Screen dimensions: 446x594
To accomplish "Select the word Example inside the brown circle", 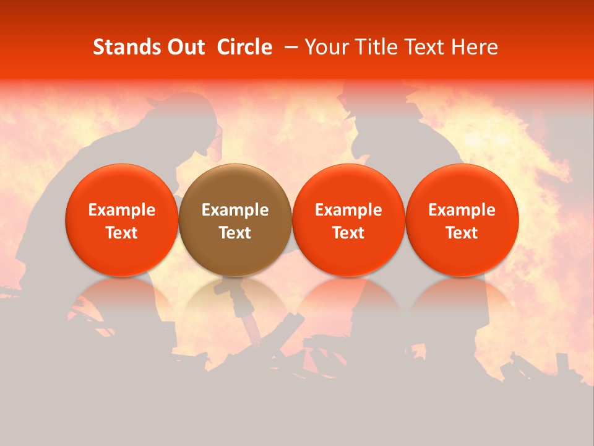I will pyautogui.click(x=235, y=210).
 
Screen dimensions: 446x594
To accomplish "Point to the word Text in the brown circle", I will pyautogui.click(x=235, y=233).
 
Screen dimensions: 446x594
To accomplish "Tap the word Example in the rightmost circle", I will pyautogui.click(x=462, y=210).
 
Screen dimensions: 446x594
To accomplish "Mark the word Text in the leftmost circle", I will pyautogui.click(x=122, y=233).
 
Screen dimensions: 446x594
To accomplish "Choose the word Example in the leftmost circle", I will pyautogui.click(x=122, y=210).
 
